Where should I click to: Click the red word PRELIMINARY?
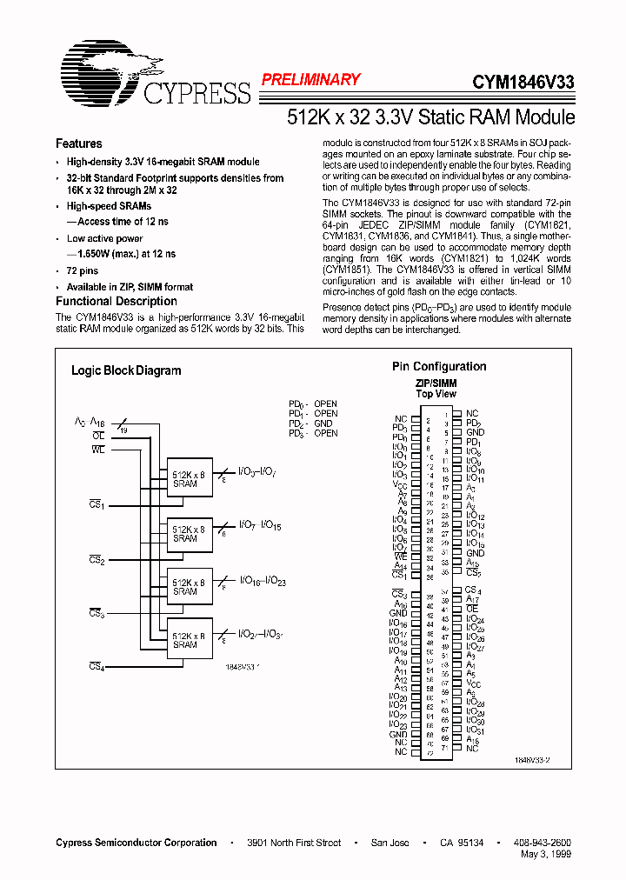pos(310,80)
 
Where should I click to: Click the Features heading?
pos(79,144)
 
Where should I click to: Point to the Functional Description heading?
pos(117,301)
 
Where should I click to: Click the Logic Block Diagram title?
pos(126,370)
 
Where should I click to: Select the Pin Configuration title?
pos(439,367)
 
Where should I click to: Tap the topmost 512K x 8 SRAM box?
pos(190,478)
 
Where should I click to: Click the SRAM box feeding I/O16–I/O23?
pos(190,587)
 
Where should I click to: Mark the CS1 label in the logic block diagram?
pos(97,504)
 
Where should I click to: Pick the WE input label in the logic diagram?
pos(97,450)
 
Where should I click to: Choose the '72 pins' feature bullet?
pos(83,271)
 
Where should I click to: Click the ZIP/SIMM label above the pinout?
pos(436,383)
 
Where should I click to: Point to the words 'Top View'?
pos(436,394)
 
